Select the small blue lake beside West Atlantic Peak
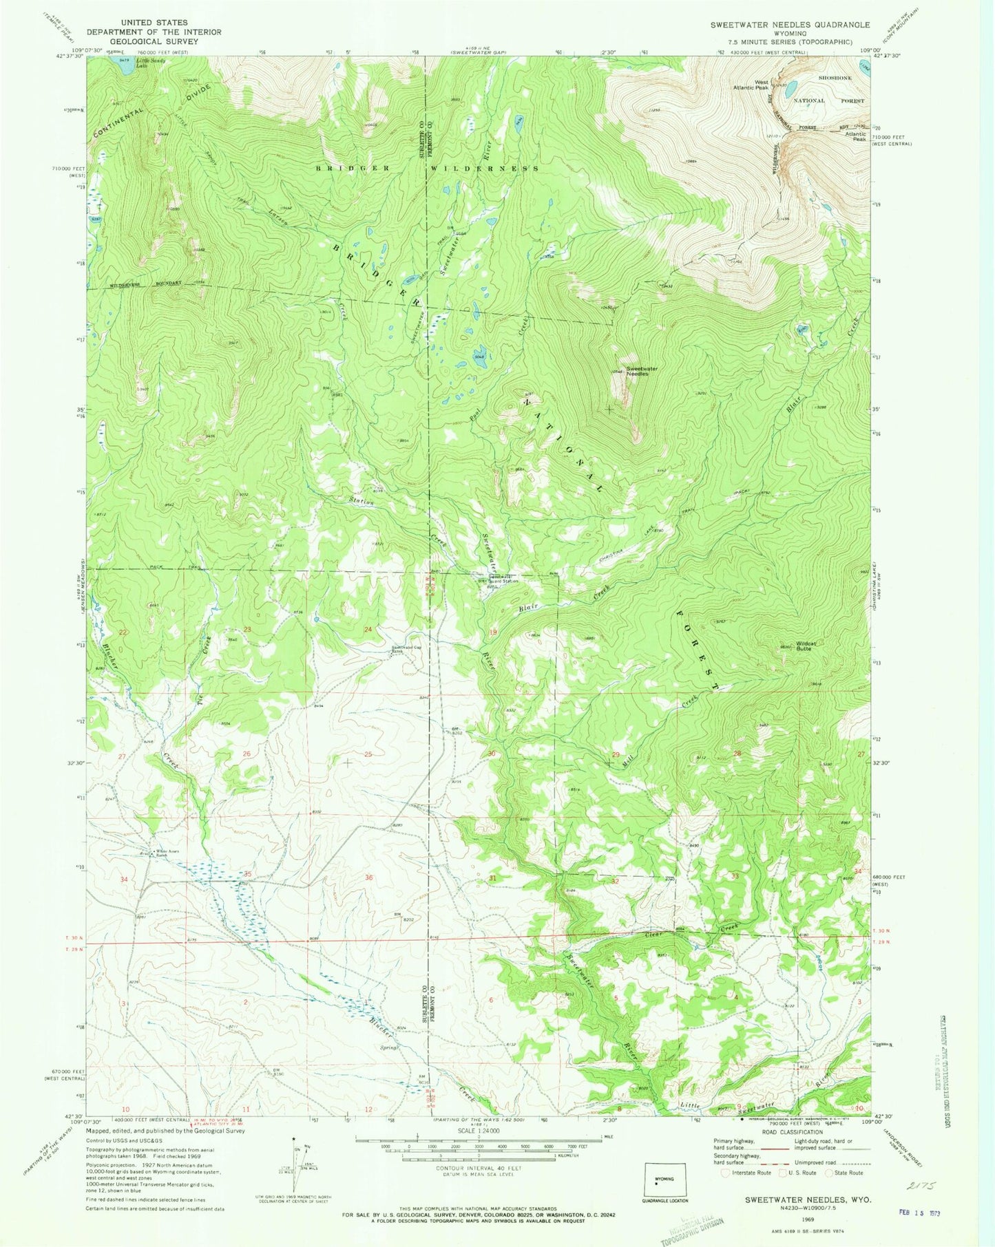(x=792, y=87)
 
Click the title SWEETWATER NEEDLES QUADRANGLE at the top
(x=790, y=25)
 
